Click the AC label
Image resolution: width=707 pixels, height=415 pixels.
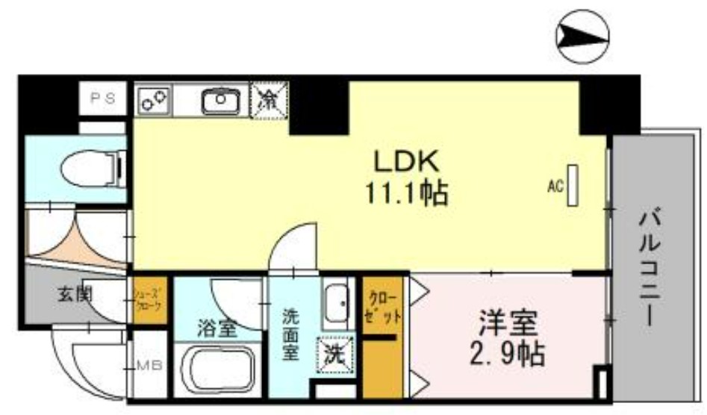click(555, 187)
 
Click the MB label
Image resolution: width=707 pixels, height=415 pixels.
click(149, 366)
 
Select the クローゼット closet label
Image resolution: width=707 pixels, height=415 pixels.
click(383, 305)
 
